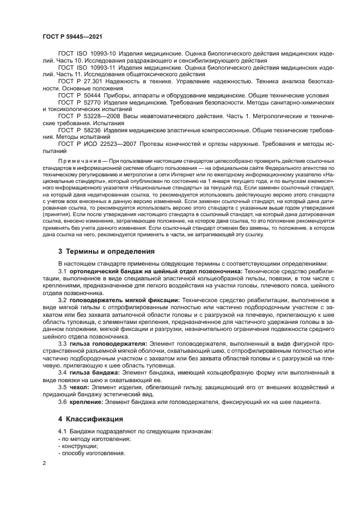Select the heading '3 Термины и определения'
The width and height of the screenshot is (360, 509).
pos(102,252)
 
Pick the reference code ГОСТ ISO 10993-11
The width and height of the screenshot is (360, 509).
pos(85,68)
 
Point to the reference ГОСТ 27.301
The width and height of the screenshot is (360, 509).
pos(76,81)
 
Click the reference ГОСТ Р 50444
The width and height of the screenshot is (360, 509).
pos(78,94)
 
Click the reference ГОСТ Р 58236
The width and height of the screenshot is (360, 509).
pos(78,130)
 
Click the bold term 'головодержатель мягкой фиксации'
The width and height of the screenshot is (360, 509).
pos(125,300)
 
